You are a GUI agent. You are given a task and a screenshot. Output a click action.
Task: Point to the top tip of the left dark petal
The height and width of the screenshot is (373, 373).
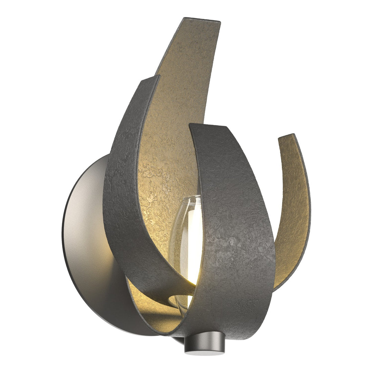click(150, 79)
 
